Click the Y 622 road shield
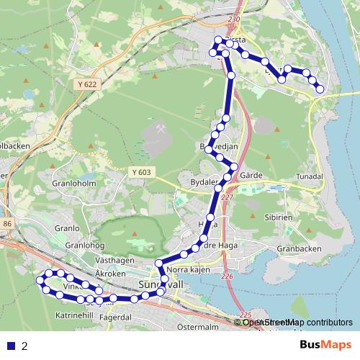(x=84, y=84)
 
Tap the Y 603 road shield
(x=141, y=171)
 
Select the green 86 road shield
(x=7, y=225)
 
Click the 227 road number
(x=228, y=197)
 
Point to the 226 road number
(x=228, y=276)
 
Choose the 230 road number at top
(x=233, y=19)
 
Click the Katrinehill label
(x=75, y=315)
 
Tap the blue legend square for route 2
(x=11, y=346)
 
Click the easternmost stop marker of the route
(x=320, y=89)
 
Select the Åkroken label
(x=111, y=274)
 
